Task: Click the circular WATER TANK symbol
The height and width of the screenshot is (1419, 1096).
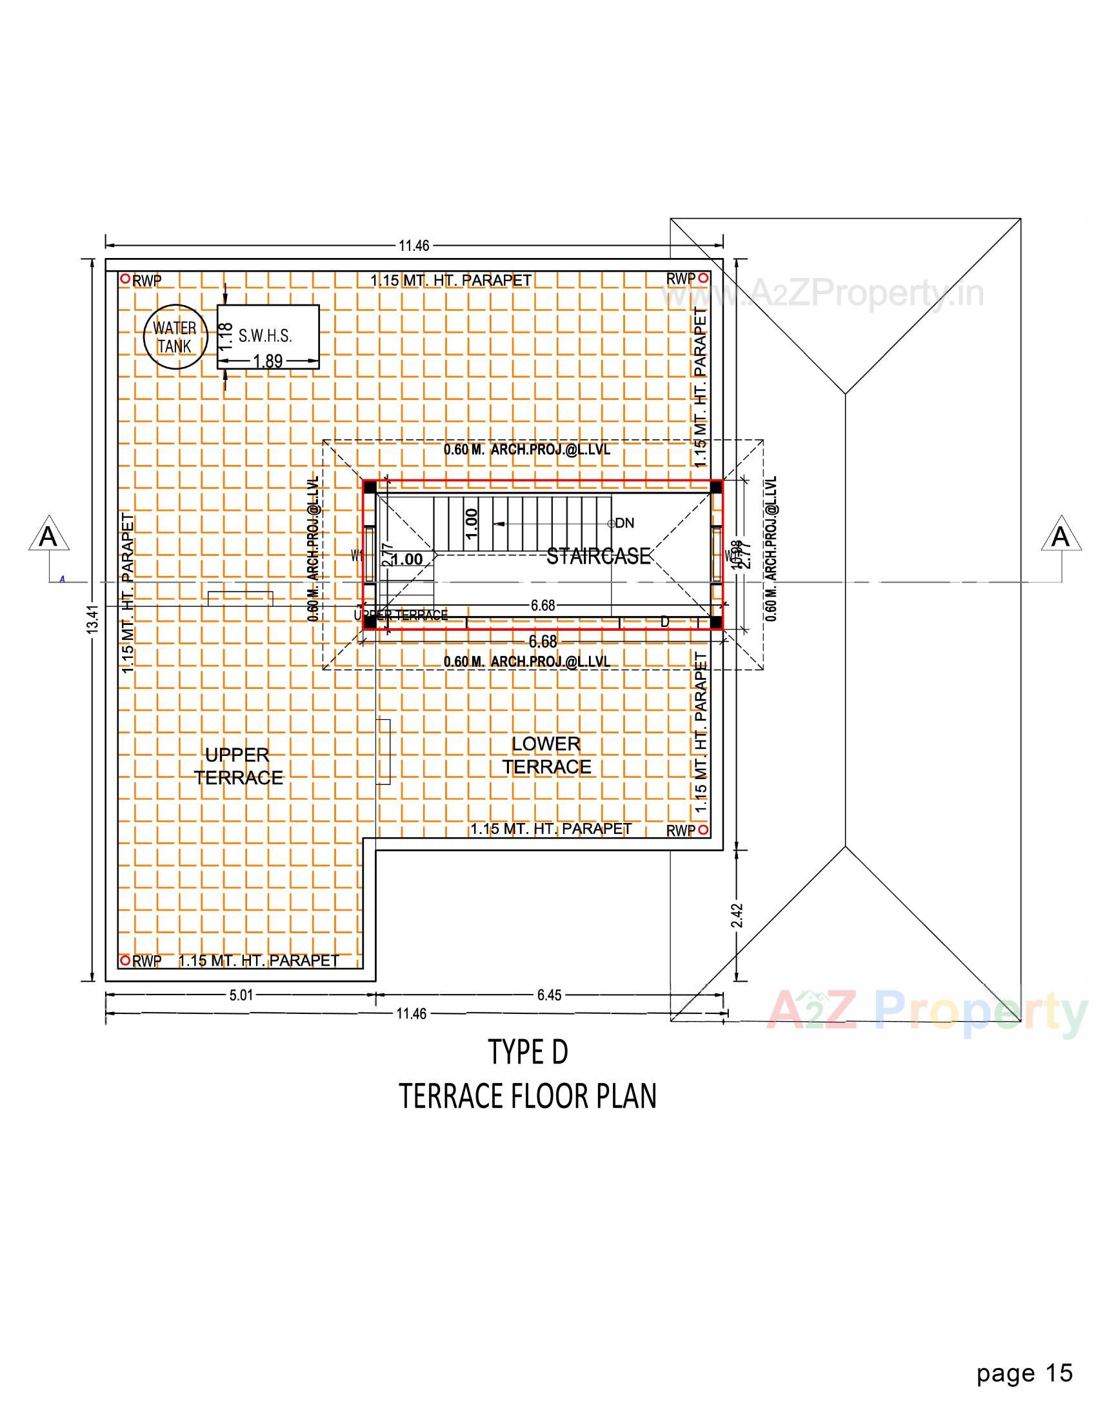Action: coord(175,337)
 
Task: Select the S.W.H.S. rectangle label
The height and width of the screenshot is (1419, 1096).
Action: coord(265,336)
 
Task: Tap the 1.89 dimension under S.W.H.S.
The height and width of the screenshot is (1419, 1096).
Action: coord(267,361)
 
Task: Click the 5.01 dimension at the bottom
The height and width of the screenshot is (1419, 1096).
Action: coord(241,995)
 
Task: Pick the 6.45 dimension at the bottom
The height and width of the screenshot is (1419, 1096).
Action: coord(549,995)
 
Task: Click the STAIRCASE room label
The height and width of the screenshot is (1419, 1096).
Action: coord(599,556)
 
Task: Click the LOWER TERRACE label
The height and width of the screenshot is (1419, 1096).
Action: coord(546,755)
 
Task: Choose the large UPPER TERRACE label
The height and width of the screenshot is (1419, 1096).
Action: coord(238,766)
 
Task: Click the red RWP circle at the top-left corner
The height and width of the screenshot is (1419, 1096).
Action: coord(125,279)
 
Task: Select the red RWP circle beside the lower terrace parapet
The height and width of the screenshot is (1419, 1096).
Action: coord(704,829)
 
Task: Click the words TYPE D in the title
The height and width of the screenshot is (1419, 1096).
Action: coord(528,1052)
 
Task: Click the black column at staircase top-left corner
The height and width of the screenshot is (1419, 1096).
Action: coord(370,487)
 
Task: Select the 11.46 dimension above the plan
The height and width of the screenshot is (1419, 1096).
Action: coord(414,246)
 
